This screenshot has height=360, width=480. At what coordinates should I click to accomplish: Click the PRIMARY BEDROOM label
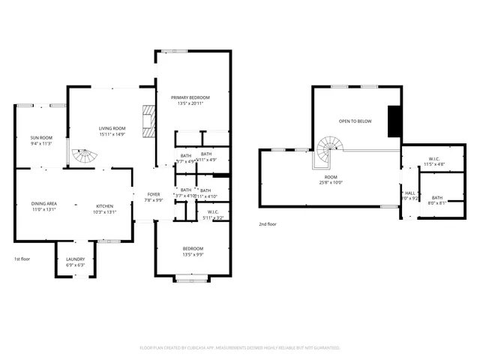(190, 97)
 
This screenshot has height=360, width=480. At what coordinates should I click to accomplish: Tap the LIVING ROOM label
(112, 128)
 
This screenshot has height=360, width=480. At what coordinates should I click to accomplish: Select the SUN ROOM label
(41, 137)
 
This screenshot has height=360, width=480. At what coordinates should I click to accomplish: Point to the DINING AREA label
(44, 203)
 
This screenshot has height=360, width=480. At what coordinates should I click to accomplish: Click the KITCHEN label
(104, 205)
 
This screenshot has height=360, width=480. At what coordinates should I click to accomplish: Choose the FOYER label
(154, 194)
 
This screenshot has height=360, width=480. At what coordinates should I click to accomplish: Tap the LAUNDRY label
(75, 259)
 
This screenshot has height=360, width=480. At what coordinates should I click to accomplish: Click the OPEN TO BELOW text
(355, 121)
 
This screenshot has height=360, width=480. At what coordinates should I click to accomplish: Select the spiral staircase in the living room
(85, 157)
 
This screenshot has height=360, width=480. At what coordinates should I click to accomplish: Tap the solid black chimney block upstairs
(393, 121)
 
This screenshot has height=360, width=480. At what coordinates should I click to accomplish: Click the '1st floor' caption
(22, 259)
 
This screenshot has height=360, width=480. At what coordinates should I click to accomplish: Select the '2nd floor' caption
(268, 224)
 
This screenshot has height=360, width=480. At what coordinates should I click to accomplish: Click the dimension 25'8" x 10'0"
(330, 181)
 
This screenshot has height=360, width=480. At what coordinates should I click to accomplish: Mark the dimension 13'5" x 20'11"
(190, 103)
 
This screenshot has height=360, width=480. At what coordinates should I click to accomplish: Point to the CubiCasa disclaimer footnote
(240, 348)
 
